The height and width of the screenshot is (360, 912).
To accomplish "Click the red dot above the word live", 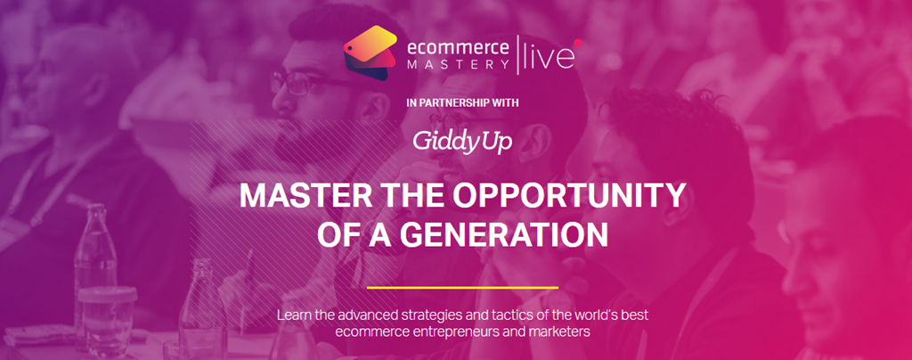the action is point(578,42).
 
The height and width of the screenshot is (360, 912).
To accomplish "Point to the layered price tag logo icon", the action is point(370,53).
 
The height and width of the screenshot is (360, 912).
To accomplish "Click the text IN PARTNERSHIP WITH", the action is point(462,103).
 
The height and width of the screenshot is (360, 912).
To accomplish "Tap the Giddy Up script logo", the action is point(462,141).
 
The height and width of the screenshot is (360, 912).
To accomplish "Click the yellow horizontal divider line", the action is point(462,287).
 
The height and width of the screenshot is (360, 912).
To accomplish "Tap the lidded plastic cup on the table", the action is point(107,317).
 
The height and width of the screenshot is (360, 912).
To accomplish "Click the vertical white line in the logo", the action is point(517,54).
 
